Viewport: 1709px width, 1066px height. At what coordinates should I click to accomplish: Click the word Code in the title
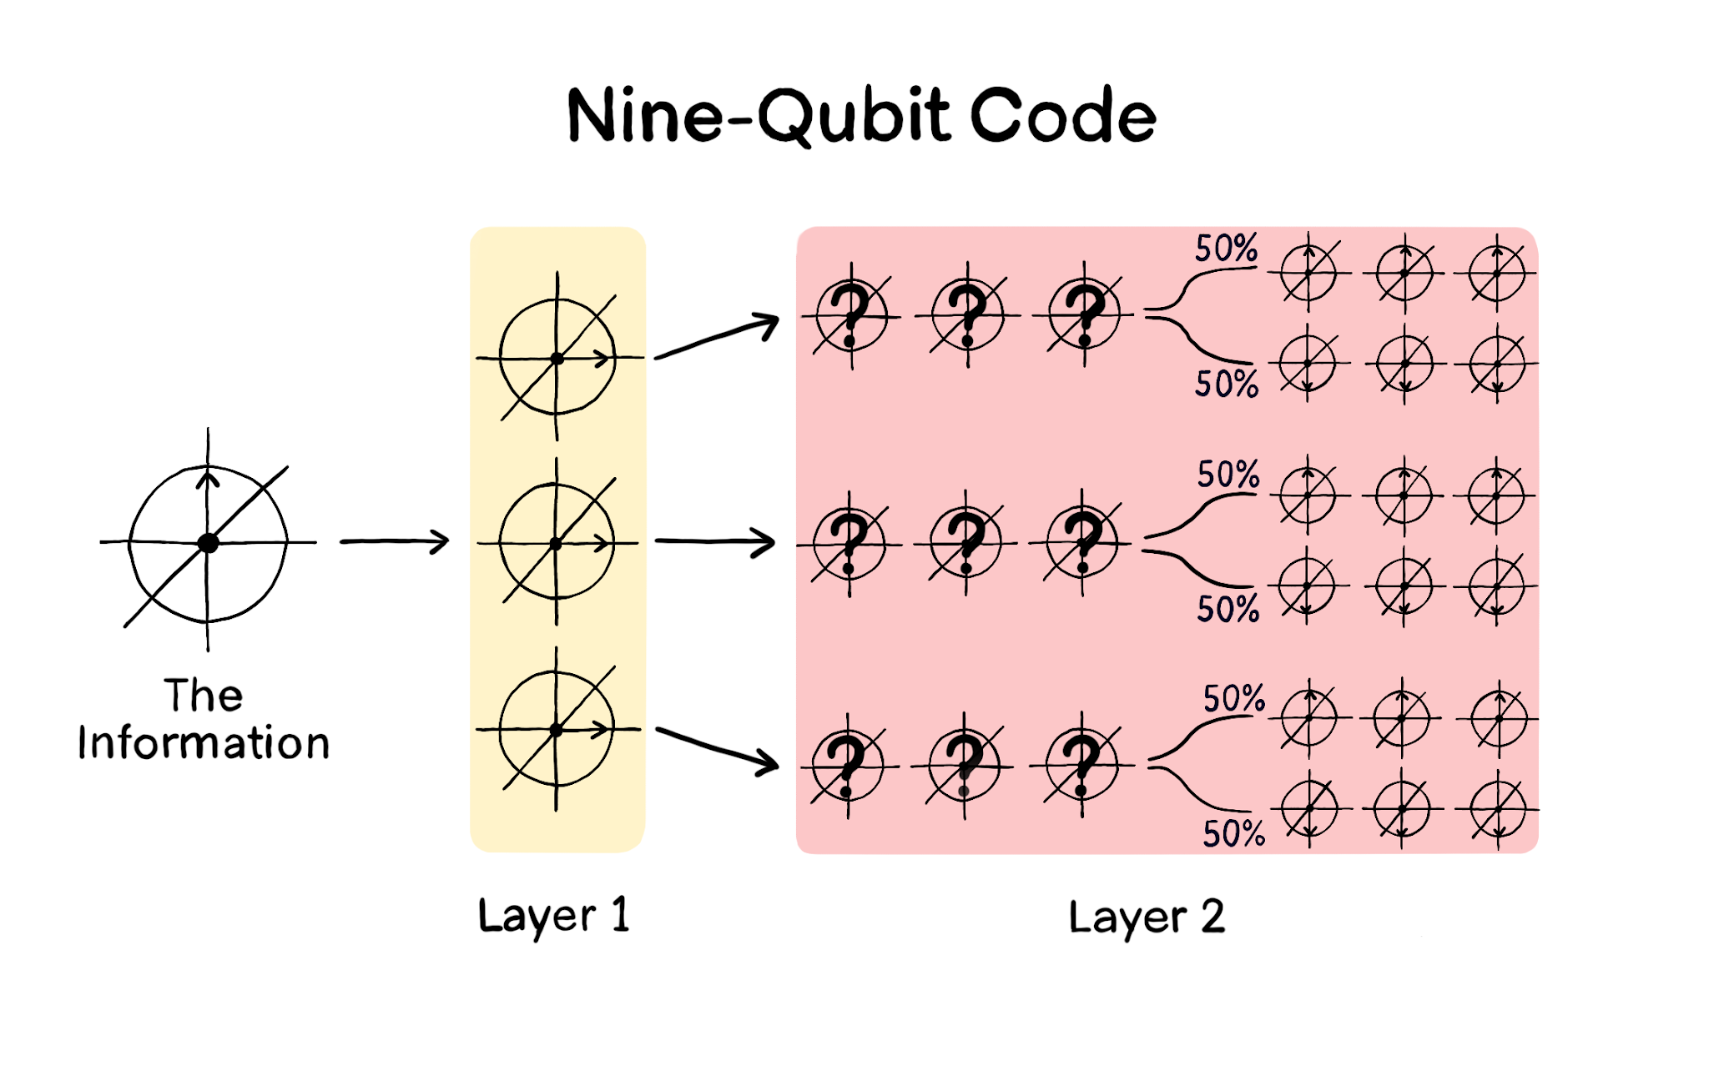click(x=1063, y=117)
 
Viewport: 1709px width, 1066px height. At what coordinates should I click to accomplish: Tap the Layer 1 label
click(x=553, y=916)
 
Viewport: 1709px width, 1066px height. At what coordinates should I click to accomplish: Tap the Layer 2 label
click(x=1147, y=918)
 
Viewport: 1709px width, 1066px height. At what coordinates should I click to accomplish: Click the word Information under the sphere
click(x=204, y=742)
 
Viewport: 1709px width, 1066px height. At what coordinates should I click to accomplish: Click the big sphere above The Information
click(x=208, y=543)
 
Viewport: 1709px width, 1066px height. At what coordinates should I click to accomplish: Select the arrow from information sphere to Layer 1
click(x=394, y=541)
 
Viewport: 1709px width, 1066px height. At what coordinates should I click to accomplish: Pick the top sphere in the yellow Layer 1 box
click(x=557, y=358)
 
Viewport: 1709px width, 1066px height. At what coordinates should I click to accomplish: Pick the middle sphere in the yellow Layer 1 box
click(x=557, y=543)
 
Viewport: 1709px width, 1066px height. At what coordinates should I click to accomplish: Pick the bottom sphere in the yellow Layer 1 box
click(x=557, y=730)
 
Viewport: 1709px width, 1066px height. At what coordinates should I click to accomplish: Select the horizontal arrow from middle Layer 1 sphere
click(x=715, y=541)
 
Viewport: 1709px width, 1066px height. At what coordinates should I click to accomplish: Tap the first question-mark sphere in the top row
click(x=851, y=316)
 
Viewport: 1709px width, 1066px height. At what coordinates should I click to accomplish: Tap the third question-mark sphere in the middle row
click(x=1082, y=544)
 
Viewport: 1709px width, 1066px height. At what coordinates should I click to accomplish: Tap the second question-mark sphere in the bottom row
click(x=965, y=766)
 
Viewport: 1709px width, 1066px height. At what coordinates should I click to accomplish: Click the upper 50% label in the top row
click(x=1226, y=249)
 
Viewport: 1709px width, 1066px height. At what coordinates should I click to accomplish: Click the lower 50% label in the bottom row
click(x=1233, y=833)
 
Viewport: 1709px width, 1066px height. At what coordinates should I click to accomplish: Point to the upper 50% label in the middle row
click(x=1228, y=475)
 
